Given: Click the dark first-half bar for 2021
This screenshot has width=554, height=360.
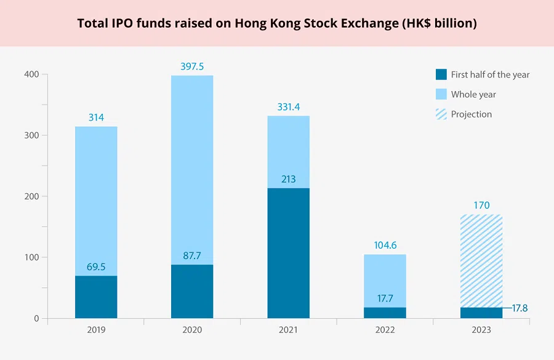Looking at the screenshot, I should click(x=288, y=253).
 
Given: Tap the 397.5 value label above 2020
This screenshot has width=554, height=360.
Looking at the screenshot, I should click(x=192, y=66).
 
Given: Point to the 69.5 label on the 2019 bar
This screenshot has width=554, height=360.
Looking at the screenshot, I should click(x=96, y=267).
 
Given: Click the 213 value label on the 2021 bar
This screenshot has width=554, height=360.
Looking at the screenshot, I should click(x=288, y=179).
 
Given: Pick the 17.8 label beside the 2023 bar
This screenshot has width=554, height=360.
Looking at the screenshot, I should click(x=520, y=308).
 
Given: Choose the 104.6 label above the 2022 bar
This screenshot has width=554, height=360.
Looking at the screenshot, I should click(x=385, y=246).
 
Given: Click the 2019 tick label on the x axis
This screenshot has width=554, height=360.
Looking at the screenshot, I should click(x=96, y=330).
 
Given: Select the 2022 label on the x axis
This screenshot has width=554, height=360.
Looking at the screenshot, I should click(x=385, y=330).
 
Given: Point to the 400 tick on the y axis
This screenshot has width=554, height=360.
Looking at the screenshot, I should click(x=31, y=74).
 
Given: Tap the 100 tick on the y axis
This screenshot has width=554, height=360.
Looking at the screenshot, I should click(x=31, y=257).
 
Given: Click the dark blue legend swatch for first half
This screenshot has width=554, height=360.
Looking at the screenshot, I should click(x=441, y=74).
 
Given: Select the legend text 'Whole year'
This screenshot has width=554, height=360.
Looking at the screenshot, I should click(x=473, y=94).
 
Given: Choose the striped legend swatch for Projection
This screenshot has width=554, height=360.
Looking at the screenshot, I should click(x=441, y=114).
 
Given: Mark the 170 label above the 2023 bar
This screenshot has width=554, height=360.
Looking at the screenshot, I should click(x=481, y=206).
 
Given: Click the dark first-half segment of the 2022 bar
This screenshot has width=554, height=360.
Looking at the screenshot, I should click(x=385, y=313).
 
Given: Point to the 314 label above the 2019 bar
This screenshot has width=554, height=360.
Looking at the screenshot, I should click(x=96, y=117).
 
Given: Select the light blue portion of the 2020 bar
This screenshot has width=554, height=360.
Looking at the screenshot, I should click(x=192, y=166).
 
